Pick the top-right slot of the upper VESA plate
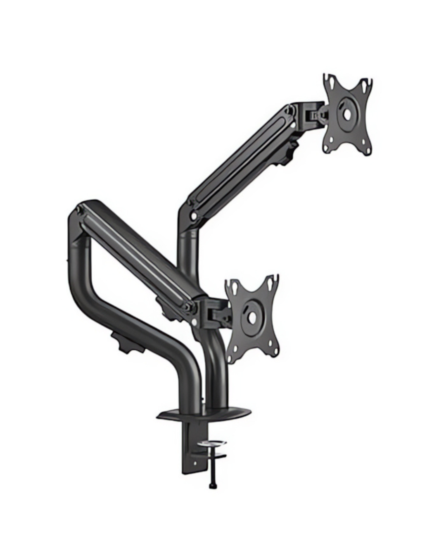tap(365, 84)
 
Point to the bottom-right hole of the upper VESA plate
tap(365, 149)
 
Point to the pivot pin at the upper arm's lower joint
tap(193, 215)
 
